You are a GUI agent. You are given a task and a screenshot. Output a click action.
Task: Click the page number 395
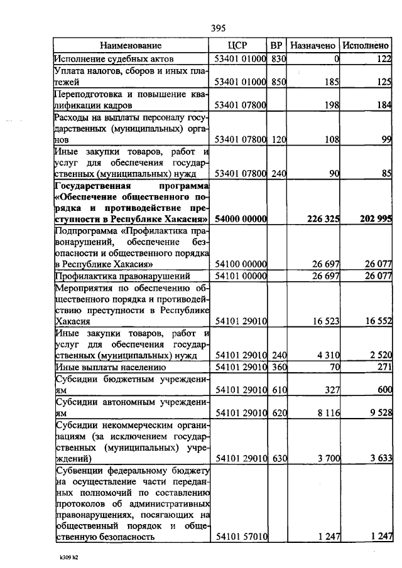coord(218,28)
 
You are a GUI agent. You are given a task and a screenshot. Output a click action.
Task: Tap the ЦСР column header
coord(241,45)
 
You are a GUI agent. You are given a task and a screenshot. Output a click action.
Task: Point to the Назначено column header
coord(313,45)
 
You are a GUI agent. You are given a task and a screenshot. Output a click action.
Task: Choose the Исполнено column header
coord(366,45)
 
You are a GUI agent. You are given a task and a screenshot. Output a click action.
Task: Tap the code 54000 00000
coord(241,219)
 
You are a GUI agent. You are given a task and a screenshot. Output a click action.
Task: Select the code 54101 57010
coord(241,537)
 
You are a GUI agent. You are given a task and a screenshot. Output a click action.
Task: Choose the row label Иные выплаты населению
coord(111,367)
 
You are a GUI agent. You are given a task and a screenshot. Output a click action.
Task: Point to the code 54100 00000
coord(241,264)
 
